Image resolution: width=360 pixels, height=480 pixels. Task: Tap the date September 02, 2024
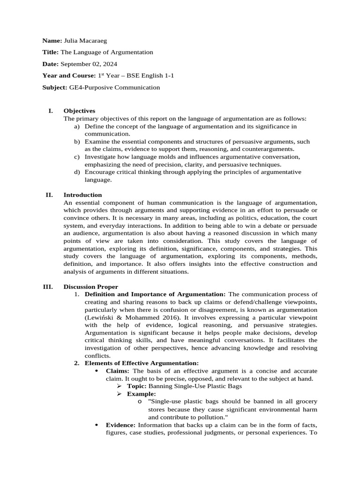pyautogui.click(x=89, y=64)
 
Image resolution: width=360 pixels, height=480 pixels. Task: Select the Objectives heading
pyautogui.click(x=79, y=111)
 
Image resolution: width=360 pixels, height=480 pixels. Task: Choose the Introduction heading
pyautogui.click(x=82, y=195)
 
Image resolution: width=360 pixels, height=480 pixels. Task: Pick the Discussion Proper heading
pyautogui.click(x=91, y=286)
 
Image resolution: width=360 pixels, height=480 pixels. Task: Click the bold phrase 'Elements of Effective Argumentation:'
pyautogui.click(x=142, y=363)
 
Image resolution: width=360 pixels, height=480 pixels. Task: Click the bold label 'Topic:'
pyautogui.click(x=137, y=386)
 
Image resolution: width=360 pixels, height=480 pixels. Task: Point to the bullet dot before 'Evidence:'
pyautogui.click(x=96, y=424)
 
